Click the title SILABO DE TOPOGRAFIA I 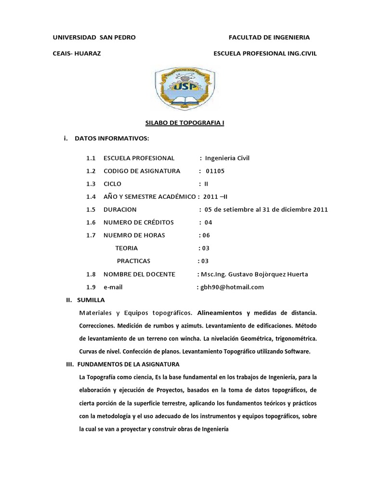tap(185, 123)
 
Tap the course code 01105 tap(215, 171)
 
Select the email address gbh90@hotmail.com tap(232, 287)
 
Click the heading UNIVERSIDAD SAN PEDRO tap(94, 37)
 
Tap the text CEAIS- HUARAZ tap(77, 54)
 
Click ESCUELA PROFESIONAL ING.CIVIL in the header tap(265, 54)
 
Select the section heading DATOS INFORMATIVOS tap(112, 139)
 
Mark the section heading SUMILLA tap(91, 300)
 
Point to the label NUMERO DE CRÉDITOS tap(138, 222)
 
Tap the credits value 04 tap(208, 222)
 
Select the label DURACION tap(120, 209)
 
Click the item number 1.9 tap(92, 287)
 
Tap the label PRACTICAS tap(134, 261)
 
